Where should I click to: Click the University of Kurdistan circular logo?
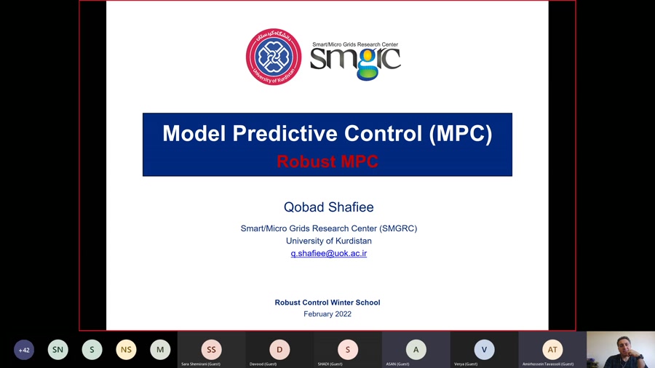274,57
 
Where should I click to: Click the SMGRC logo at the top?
356,60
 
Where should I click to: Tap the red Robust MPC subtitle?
327,161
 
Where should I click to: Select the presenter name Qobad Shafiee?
328,207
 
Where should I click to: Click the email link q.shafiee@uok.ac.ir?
329,253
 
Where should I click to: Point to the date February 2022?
327,314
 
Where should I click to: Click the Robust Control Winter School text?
327,303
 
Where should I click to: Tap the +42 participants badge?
24,350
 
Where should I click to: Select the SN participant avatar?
58,350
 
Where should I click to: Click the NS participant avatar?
126,350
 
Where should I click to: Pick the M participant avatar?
160,350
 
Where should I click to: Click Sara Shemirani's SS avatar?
211,350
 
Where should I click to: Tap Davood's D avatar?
279,350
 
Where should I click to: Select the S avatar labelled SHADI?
348,350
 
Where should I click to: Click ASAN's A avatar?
416,350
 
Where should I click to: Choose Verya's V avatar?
484,350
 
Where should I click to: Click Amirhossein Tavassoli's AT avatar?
552,350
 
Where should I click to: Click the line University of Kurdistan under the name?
329,241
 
